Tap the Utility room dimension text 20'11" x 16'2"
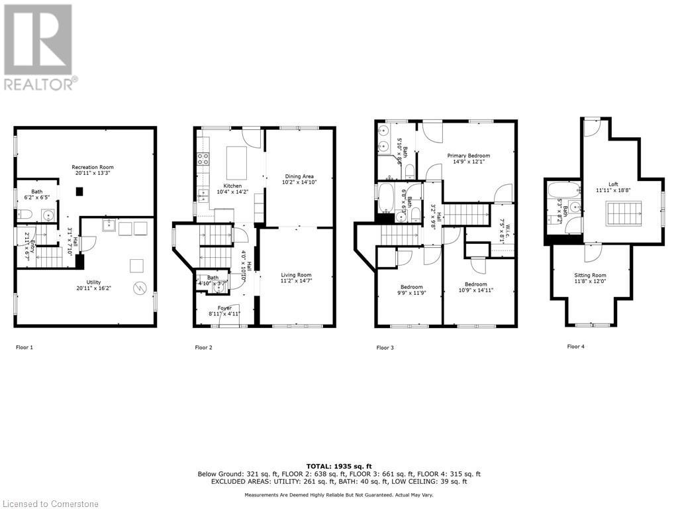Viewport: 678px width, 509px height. (89, 288)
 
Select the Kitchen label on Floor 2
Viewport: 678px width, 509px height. (232, 186)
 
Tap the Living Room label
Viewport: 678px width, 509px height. (296, 274)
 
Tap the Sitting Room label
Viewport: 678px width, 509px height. (589, 275)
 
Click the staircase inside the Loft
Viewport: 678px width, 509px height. (621, 215)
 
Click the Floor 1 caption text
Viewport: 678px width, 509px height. (24, 347)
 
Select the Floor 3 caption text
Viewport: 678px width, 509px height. (385, 347)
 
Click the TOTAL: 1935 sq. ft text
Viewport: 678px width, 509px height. (338, 466)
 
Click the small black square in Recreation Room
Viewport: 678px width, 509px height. (79, 192)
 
